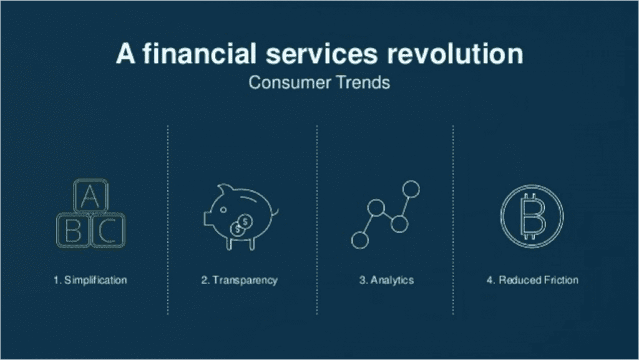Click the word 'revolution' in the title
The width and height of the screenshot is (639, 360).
click(x=455, y=54)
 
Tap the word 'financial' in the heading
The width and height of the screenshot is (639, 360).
click(x=200, y=54)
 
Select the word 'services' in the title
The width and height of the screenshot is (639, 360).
click(x=322, y=54)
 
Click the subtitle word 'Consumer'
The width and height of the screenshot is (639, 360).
click(x=290, y=82)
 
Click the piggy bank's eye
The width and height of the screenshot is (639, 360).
click(x=223, y=210)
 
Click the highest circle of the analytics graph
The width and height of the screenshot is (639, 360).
click(x=411, y=189)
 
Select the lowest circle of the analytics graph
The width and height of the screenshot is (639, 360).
click(x=360, y=240)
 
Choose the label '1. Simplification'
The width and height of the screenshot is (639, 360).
click(x=90, y=280)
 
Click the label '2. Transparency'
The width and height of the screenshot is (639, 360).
click(x=239, y=280)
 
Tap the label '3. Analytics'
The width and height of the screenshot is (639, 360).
click(x=386, y=280)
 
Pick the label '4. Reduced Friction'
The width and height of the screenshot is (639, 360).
click(x=532, y=280)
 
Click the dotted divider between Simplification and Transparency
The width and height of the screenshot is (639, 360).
click(x=168, y=220)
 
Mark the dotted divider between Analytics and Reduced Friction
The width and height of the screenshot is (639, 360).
click(x=453, y=220)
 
